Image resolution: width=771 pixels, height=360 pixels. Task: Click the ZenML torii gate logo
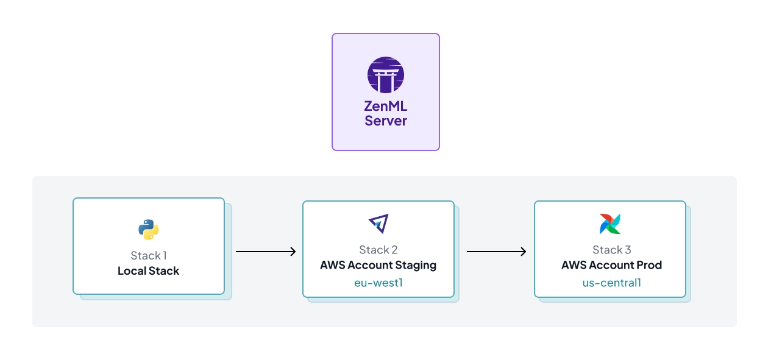click(385, 75)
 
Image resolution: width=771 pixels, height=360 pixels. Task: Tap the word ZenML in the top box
click(385, 107)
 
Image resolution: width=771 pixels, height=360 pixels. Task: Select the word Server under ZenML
click(385, 121)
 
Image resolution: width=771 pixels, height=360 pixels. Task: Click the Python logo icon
click(148, 230)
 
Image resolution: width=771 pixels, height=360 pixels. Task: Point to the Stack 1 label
click(148, 256)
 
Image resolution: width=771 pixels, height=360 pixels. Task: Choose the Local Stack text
click(148, 271)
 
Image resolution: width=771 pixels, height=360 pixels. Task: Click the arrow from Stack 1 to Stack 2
click(265, 252)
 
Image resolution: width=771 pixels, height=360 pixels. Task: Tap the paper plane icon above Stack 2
click(378, 224)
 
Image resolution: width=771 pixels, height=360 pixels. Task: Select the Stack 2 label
click(378, 250)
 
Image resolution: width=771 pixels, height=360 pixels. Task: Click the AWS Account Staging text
click(378, 266)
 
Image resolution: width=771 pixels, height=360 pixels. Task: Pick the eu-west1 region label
click(378, 283)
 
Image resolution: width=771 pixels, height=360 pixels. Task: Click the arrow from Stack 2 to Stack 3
click(496, 252)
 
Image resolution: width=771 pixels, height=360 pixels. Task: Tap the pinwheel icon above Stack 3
click(609, 224)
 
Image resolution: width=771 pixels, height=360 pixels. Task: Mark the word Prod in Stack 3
click(648, 266)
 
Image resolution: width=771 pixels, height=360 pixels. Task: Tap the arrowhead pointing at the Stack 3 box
click(524, 252)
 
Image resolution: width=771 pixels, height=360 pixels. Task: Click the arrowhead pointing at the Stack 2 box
click(293, 252)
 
